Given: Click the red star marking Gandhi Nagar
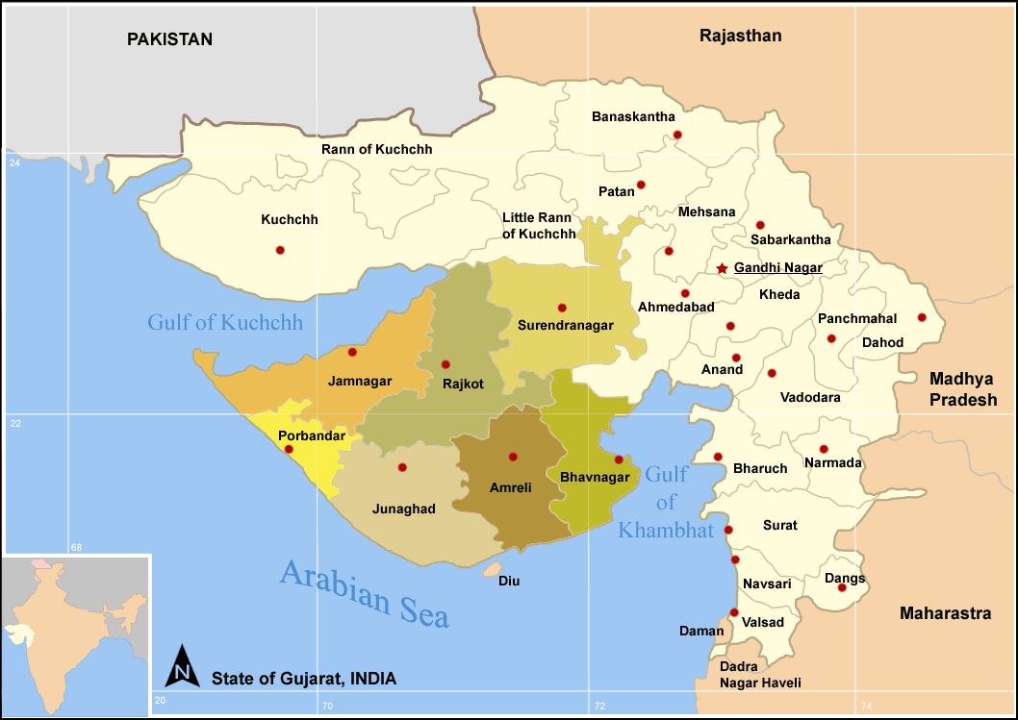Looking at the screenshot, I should pos(722,268).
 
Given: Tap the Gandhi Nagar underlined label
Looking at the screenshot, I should pos(778,268).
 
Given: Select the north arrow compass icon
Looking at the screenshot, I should pos(183,665).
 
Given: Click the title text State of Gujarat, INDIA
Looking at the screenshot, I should pos(303,679).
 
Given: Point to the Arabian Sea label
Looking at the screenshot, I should pos(365,593).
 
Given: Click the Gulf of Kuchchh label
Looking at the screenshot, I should pos(225,322).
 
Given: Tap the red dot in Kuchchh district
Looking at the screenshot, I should pos(280,250).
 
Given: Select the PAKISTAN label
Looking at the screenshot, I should pos(169,39).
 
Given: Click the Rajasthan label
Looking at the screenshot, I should pos(740,37).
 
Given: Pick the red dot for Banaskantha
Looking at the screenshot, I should pos(677,135).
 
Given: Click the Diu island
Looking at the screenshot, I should pos(493,570).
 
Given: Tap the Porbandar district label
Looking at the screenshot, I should pos(311,436).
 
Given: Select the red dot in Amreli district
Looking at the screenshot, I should pos(513,457).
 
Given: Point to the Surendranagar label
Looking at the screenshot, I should pos(565,326).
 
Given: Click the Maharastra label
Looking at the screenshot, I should pos(945,613).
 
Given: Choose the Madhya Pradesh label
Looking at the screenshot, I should pos(962,389).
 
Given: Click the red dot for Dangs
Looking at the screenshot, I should pos(842,587).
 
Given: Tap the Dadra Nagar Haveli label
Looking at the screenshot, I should pos(760,675).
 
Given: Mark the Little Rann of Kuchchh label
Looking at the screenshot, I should pos(539,226).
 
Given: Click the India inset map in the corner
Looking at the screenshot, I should pos(75,635).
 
